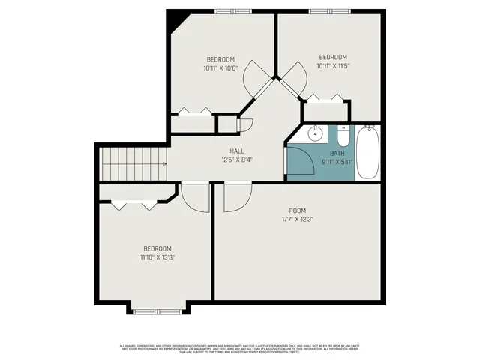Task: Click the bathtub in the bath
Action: (x=368, y=152)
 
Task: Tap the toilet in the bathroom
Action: (x=343, y=136)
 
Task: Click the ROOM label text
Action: (x=298, y=211)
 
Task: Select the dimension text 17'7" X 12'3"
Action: (x=298, y=220)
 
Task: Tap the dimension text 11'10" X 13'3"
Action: (x=157, y=257)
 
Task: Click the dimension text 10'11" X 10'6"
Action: (x=220, y=68)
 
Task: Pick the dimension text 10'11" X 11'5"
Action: (x=333, y=66)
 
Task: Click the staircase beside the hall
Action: (x=134, y=163)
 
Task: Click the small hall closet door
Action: (x=246, y=127)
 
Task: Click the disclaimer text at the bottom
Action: (x=240, y=348)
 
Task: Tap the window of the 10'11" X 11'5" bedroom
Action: (x=327, y=10)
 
